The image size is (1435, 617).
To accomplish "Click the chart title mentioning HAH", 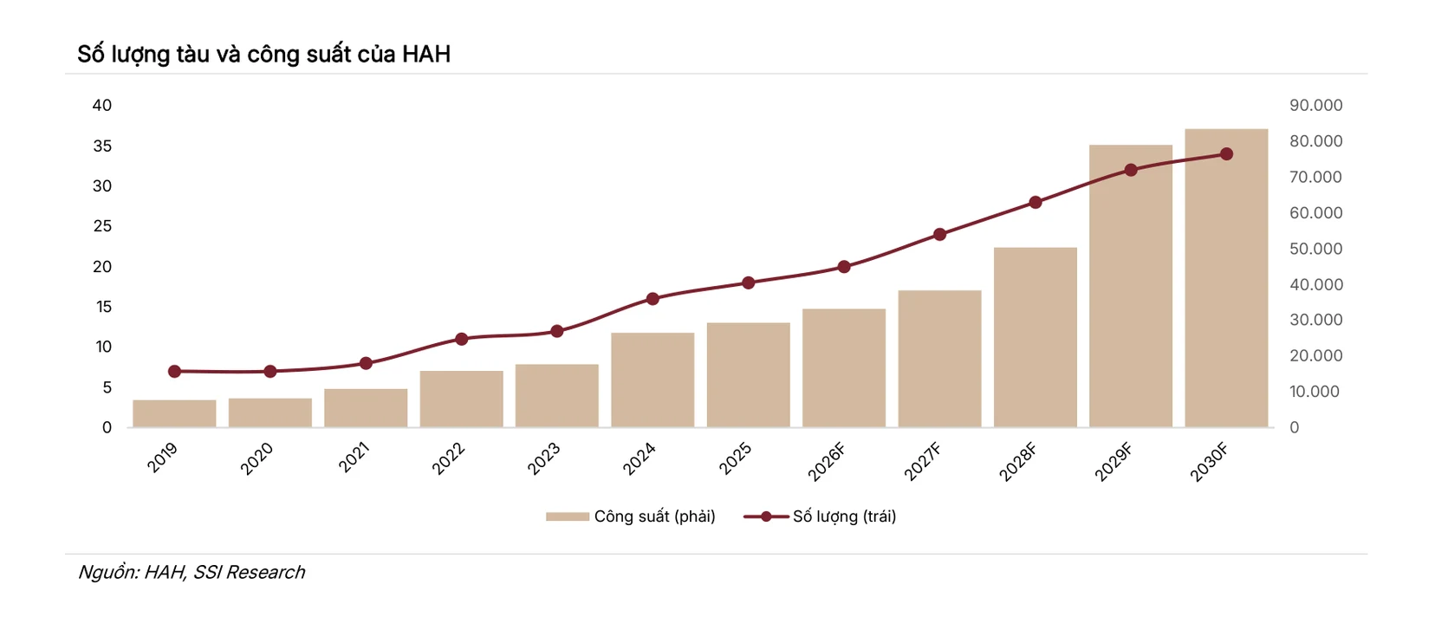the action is tap(264, 55).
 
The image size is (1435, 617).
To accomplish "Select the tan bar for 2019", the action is tap(174, 413).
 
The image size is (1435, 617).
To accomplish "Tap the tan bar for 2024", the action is tap(653, 380).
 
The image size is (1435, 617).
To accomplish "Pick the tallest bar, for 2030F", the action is tap(1226, 277).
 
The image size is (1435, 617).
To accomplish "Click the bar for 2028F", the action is tap(1036, 337).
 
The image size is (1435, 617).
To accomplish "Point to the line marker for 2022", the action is tap(461, 339).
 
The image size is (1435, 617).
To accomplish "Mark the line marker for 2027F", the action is tap(940, 235).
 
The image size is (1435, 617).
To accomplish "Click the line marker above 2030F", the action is tap(1226, 153).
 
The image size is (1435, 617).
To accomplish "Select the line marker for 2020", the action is tap(270, 372).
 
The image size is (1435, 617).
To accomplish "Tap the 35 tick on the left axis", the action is tap(102, 146).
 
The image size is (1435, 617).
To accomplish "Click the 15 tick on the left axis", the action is tap(104, 307).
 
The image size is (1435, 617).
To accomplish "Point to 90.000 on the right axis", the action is tap(1315, 105).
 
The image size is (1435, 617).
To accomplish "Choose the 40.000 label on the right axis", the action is tap(1315, 284).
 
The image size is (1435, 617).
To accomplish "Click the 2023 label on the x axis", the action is tap(544, 458).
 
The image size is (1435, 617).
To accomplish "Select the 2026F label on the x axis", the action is tap(827, 461).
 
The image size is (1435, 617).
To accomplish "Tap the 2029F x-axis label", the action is tap(1114, 461).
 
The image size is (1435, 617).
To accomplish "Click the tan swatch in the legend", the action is tap(567, 516).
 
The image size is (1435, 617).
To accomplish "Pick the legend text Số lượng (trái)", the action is tap(844, 516).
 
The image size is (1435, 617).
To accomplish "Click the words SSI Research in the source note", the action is tap(250, 572).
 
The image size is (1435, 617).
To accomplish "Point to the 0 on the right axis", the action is tap(1294, 427).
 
